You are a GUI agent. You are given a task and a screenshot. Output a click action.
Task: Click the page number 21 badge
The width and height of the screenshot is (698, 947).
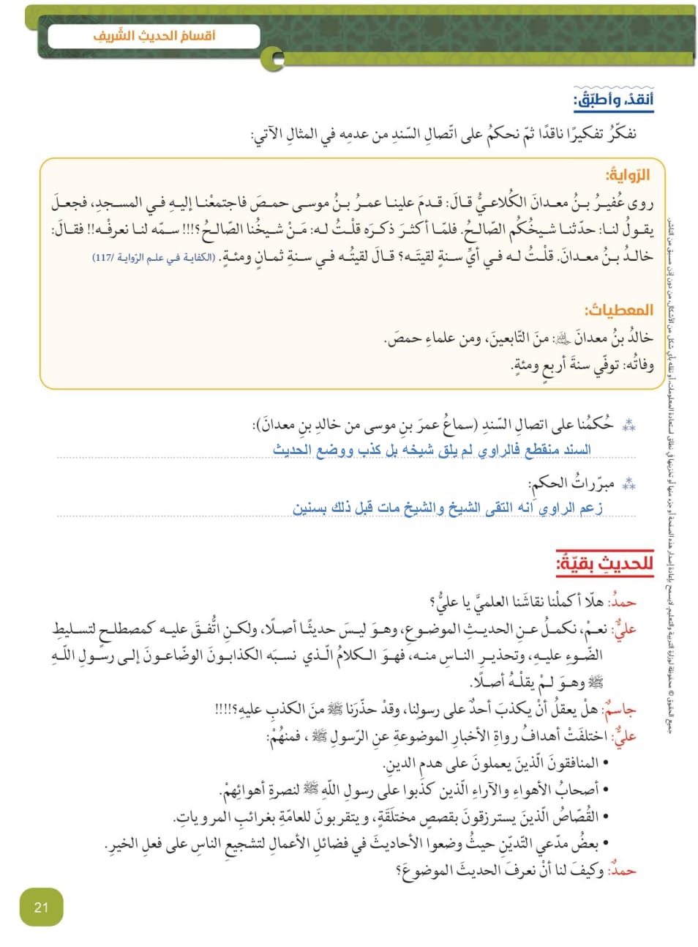pos(41,907)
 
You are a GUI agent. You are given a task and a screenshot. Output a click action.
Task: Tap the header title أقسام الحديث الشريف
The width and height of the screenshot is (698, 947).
pos(154,35)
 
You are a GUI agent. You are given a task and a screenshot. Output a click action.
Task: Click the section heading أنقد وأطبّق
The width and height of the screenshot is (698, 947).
pos(614,100)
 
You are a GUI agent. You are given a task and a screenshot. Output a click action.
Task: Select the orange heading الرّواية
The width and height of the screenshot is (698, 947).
pos(628,175)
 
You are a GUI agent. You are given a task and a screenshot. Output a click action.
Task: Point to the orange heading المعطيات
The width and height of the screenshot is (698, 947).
pos(619,310)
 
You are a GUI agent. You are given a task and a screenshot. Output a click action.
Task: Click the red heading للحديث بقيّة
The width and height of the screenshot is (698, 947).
pos(605,563)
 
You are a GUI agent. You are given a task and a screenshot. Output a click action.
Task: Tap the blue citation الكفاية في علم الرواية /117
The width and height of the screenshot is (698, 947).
pos(154,257)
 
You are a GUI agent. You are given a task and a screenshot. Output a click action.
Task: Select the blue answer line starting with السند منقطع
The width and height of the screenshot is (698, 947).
pos(432,449)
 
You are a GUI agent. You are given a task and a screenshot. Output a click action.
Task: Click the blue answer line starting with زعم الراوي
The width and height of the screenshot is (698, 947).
pos(448,508)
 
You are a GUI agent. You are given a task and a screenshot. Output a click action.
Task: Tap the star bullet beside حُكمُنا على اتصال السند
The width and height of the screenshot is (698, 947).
pos(628,425)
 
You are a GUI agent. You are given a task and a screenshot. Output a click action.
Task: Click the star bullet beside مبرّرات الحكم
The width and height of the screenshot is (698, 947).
pos(628,484)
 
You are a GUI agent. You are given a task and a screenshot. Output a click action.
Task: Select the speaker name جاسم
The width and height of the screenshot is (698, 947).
pos(620,709)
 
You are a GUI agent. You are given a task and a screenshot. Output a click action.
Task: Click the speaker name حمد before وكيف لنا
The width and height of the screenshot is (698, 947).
pos(623,870)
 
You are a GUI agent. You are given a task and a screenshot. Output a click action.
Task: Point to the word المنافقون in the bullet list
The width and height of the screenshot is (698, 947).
pos(568,763)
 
